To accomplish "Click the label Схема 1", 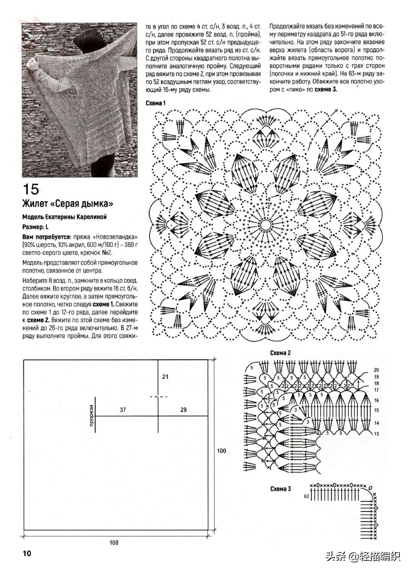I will (155, 103).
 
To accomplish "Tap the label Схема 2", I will (280, 353).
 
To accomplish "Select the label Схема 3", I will (280, 489).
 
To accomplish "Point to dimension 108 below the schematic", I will (114, 542).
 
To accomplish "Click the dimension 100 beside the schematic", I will (222, 451).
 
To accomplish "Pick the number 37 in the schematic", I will (123, 409).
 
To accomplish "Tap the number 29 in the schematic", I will (183, 409).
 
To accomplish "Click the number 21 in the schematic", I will (165, 376).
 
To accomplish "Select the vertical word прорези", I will (91, 416).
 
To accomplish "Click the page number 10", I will (27, 553).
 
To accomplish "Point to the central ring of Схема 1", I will (266, 224).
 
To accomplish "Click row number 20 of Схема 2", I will (376, 370).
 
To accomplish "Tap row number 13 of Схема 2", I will (376, 434).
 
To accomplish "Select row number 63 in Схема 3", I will (306, 496).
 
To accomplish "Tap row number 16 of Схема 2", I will (376, 401).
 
